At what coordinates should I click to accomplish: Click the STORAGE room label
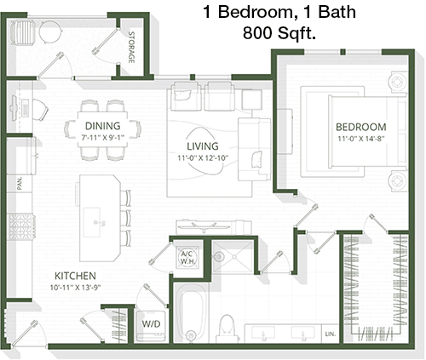pos(131,47)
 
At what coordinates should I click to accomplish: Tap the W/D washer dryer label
pos(151,323)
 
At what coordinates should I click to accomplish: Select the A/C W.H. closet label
pos(187,257)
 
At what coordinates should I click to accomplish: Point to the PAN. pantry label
pos(20,183)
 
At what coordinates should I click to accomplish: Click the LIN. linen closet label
pos(331,334)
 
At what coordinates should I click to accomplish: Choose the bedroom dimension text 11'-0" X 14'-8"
pos(360,139)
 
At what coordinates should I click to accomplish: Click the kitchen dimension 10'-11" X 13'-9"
pos(76,288)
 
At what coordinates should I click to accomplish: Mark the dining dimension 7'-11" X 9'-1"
pos(103,138)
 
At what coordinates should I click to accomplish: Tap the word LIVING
pos(203,146)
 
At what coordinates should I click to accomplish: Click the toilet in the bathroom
pos(227,329)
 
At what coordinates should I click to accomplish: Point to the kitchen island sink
pos(92,222)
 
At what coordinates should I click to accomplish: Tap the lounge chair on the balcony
pos(23,32)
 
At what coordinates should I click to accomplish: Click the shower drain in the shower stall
pos(234,256)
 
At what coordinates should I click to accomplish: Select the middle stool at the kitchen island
pos(125,218)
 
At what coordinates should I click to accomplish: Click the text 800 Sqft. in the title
pos(279,33)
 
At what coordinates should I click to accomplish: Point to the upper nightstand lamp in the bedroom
pos(396,82)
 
